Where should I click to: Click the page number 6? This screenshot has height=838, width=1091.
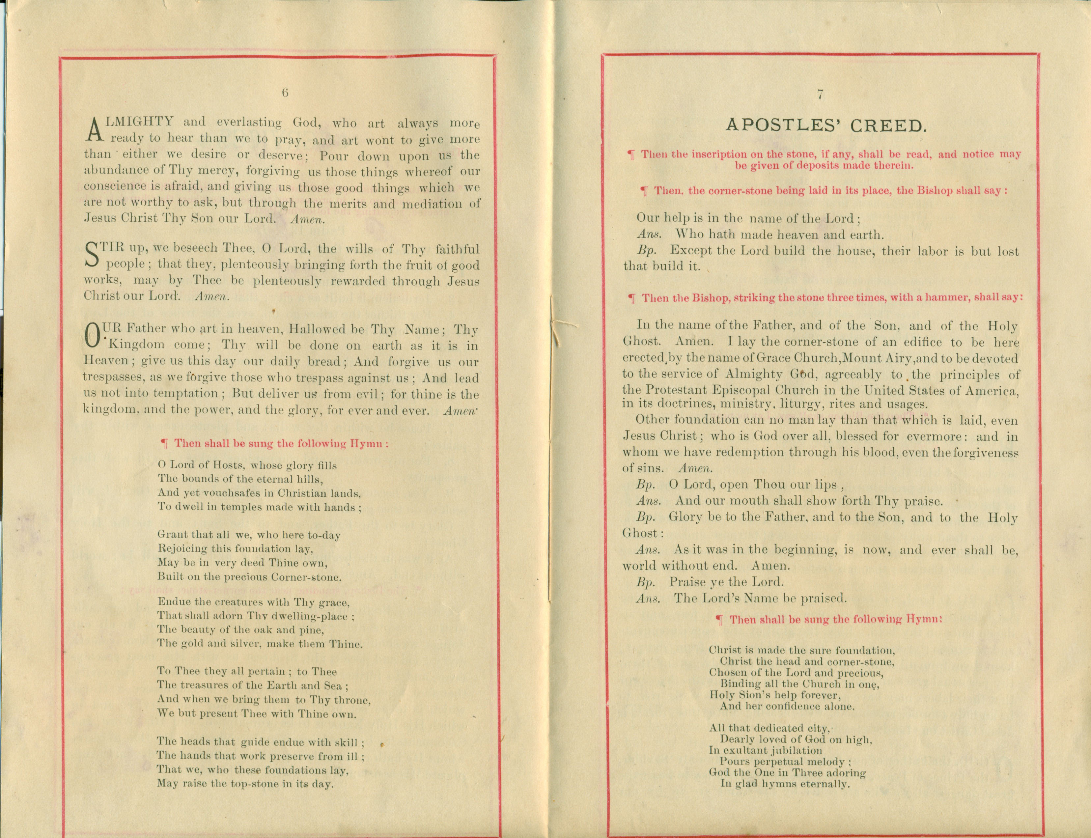285,93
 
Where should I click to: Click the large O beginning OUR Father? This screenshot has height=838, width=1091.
93,336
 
